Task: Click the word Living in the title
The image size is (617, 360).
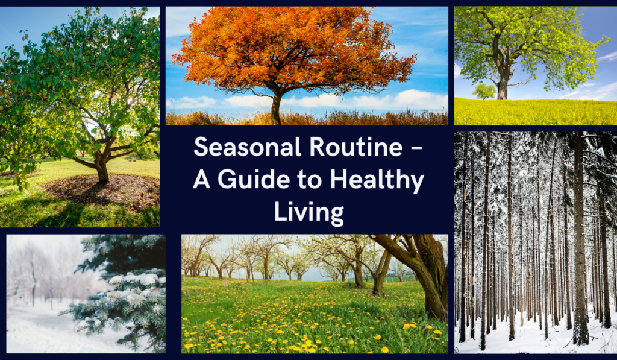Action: [308, 212]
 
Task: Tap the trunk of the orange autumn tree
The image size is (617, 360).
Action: [276, 109]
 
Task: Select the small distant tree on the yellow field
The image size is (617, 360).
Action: [484, 91]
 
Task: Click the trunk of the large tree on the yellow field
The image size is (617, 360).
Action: [502, 87]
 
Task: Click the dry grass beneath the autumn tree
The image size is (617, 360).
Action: [362, 118]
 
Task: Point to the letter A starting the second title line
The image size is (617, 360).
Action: [201, 180]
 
